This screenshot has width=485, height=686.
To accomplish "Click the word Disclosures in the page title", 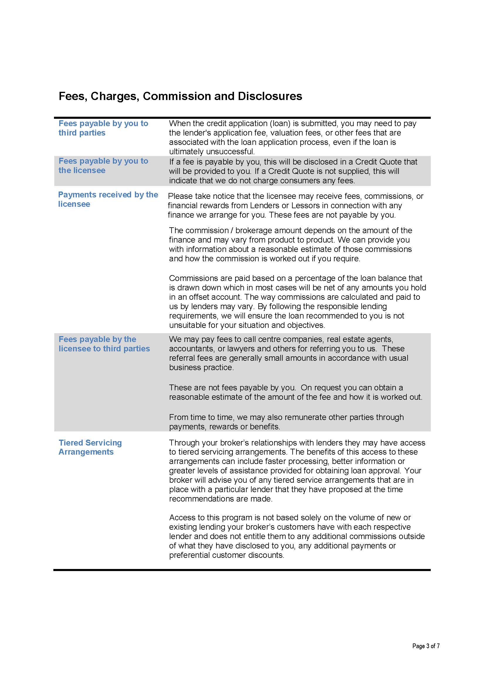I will (270, 96).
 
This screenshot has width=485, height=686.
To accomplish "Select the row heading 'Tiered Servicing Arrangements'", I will (90, 447).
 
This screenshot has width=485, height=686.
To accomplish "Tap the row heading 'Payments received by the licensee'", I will (108, 199).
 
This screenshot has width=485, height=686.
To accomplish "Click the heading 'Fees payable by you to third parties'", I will (103, 128).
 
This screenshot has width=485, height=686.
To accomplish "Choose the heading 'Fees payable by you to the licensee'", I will (103, 165).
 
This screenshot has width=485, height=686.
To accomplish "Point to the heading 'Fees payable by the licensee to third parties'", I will (104, 344).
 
